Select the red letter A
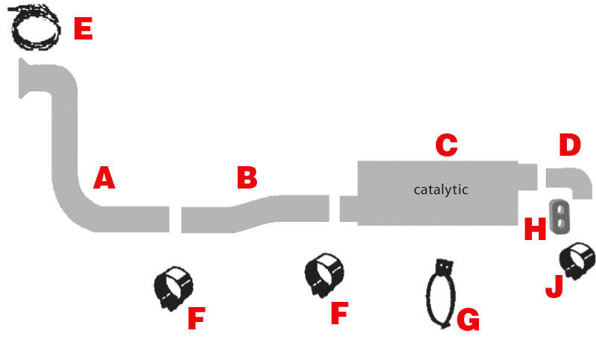point(104,177)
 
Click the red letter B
point(247,177)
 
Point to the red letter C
point(446,145)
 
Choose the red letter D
point(570,145)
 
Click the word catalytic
point(441,189)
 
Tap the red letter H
point(535,229)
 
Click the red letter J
point(554,286)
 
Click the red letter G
point(468,319)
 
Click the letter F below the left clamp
point(197,318)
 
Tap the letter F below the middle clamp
point(340,313)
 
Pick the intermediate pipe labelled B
point(255,214)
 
